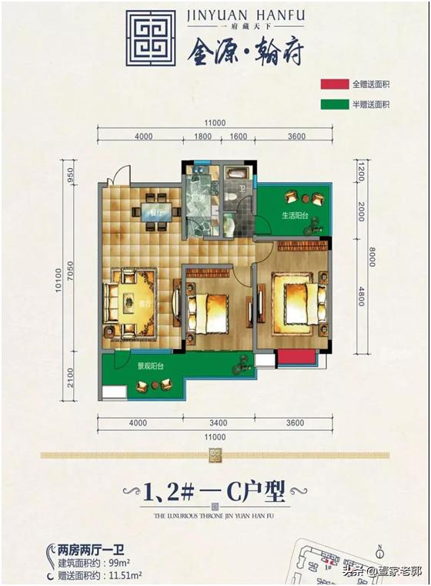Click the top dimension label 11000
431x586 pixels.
[214, 123]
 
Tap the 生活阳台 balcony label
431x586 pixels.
[294, 216]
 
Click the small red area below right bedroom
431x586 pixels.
[296, 358]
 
